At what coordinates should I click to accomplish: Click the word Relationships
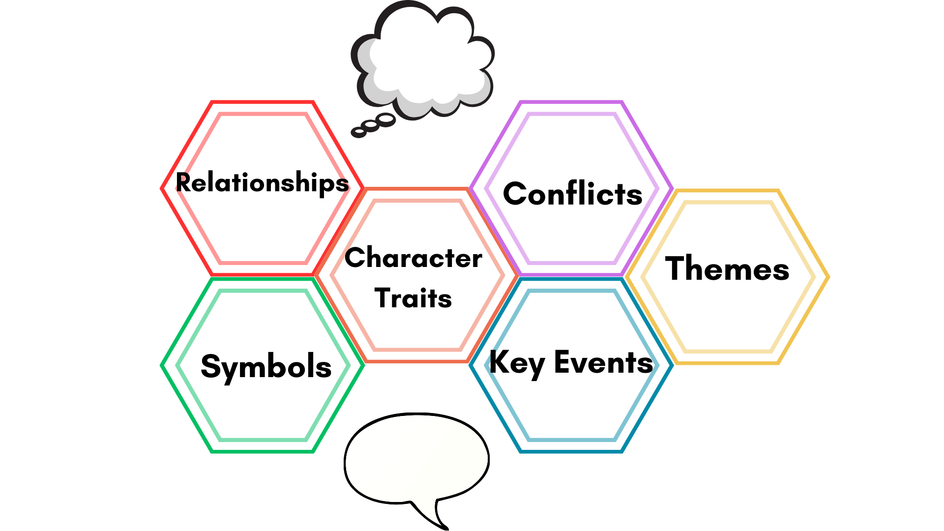click(x=262, y=183)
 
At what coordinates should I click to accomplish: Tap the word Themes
click(x=727, y=268)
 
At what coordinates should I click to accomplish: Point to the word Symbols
click(x=266, y=367)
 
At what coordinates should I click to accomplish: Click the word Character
click(x=413, y=258)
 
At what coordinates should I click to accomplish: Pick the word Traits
click(x=413, y=298)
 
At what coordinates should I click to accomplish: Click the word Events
click(x=603, y=362)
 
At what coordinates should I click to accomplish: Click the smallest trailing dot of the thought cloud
click(x=358, y=132)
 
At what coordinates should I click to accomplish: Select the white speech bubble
click(x=416, y=457)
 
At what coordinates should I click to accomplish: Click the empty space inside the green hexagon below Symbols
click(x=263, y=413)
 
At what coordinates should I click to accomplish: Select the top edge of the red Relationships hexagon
click(x=262, y=102)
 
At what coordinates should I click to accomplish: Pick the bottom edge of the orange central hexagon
click(x=417, y=361)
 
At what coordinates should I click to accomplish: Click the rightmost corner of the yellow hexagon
click(x=828, y=277)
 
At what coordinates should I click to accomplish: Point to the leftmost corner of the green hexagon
click(x=162, y=366)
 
